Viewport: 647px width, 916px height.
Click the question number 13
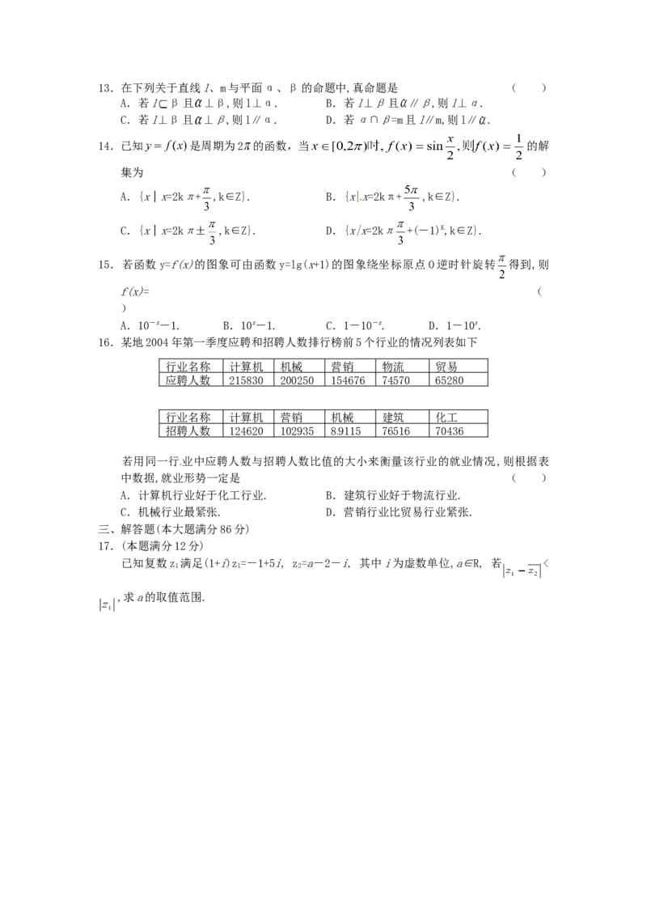point(105,88)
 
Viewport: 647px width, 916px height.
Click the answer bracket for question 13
point(529,88)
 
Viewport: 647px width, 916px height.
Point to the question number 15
point(105,265)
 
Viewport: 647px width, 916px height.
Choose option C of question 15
point(354,326)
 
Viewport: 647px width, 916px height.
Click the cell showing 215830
point(247,380)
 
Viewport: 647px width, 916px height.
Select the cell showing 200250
point(298,380)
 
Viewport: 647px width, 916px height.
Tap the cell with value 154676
point(348,380)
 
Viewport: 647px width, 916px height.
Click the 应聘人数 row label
point(188,380)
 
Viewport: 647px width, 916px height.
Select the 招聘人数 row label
point(188,431)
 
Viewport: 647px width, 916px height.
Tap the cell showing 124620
point(247,431)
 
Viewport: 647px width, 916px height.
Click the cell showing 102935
point(298,431)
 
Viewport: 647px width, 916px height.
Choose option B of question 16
point(393,496)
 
